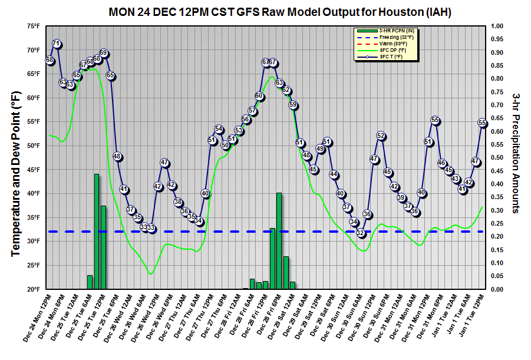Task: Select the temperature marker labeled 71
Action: pyautogui.click(x=57, y=44)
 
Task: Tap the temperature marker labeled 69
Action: pyautogui.click(x=103, y=53)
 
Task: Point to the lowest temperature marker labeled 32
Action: pyautogui.click(x=361, y=233)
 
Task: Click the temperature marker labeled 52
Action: pyautogui.click(x=381, y=136)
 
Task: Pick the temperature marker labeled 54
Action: pyautogui.click(x=219, y=129)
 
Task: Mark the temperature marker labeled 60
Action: pyautogui.click(x=259, y=96)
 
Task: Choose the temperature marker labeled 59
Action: pyautogui.click(x=293, y=105)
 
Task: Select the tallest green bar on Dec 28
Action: pyautogui.click(x=279, y=241)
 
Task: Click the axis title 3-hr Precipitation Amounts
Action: pyautogui.click(x=516, y=153)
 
